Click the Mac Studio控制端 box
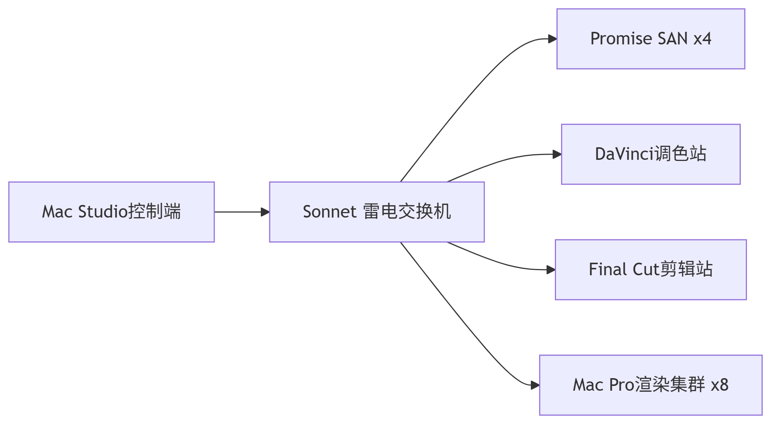click(x=111, y=212)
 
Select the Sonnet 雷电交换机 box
click(x=376, y=212)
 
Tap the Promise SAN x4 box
click(x=651, y=39)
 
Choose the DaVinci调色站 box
click(x=651, y=154)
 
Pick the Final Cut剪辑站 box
click(x=651, y=270)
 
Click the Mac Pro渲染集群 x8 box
click(x=651, y=385)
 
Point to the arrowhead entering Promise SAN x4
click(x=552, y=39)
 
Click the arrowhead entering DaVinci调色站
click(x=557, y=154)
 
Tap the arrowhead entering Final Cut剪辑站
click(x=550, y=270)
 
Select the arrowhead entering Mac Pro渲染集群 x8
click(x=535, y=385)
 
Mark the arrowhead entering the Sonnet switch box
click(x=265, y=212)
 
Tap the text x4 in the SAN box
click(x=702, y=39)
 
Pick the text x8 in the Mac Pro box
click(x=720, y=385)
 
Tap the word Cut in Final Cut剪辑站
click(x=646, y=270)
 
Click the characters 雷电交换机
click(x=407, y=212)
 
